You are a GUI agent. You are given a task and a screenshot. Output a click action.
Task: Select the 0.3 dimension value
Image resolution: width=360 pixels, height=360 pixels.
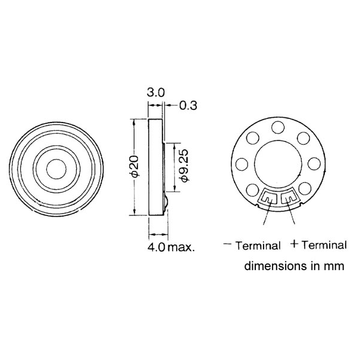pos(187,106)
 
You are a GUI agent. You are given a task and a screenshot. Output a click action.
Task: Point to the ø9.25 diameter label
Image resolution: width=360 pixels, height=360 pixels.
pos(184,167)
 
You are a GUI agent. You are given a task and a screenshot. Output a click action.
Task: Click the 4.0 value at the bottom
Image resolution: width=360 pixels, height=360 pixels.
pos(157,245)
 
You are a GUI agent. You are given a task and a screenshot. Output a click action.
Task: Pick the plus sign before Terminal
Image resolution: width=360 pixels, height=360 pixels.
pos(294,244)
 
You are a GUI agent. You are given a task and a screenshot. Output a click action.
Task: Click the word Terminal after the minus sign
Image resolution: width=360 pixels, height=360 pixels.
pos(257,245)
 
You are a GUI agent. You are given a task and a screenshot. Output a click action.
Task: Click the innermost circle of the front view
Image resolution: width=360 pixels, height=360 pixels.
pos(57,167)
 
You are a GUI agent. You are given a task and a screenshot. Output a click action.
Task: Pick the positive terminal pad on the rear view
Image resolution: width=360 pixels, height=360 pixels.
pos(290,196)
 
